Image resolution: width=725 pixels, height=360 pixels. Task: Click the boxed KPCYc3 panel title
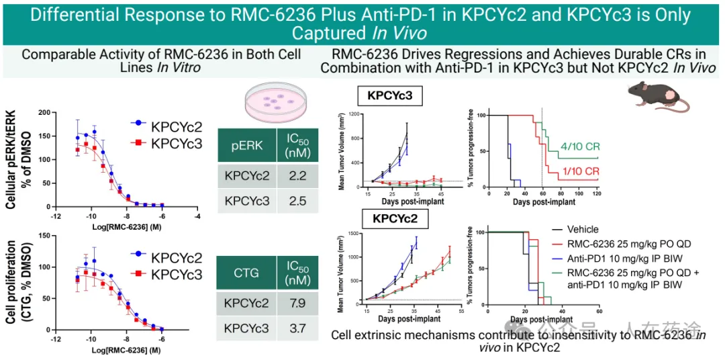[390, 95]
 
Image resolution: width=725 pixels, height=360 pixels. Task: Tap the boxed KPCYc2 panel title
[391, 218]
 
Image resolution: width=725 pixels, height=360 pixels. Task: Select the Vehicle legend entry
[582, 230]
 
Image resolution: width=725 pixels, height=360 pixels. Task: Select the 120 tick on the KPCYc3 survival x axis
[596, 193]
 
